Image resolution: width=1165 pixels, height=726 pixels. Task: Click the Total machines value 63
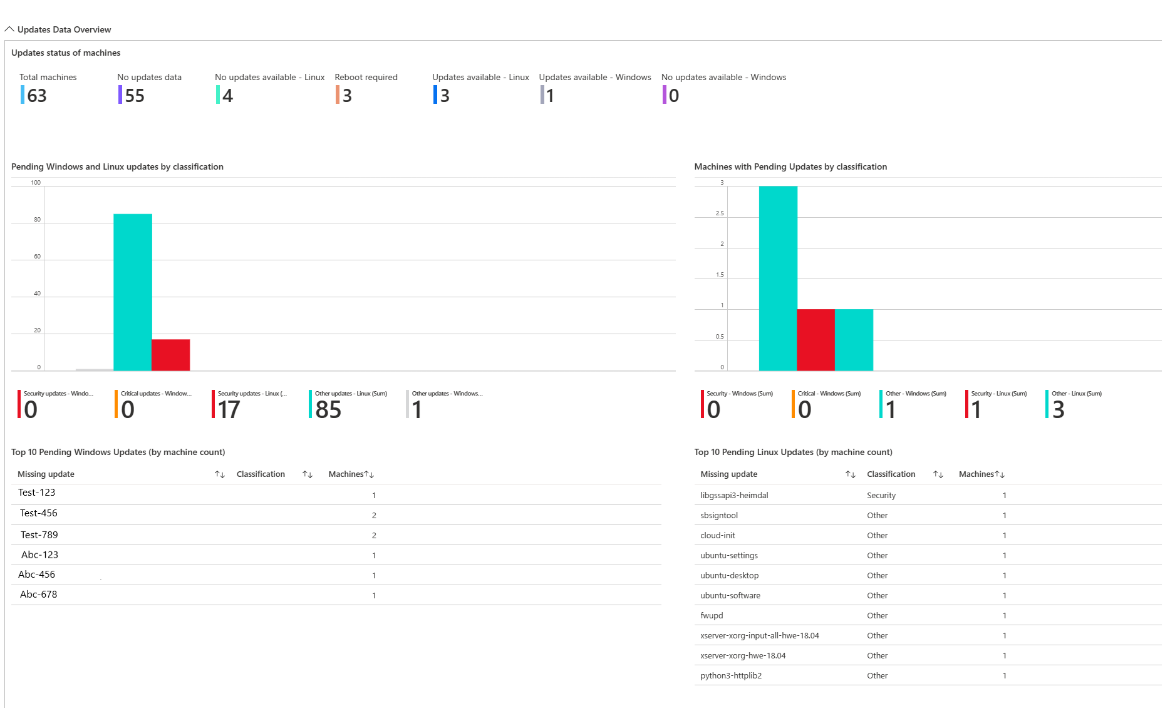tap(36, 96)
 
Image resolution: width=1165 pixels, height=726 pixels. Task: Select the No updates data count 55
tap(134, 96)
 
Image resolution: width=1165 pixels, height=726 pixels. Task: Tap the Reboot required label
tap(366, 77)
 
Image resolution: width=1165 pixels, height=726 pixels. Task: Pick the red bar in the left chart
tap(170, 355)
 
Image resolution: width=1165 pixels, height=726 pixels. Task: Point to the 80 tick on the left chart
tap(37, 220)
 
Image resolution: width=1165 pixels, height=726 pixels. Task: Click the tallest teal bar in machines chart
tap(778, 278)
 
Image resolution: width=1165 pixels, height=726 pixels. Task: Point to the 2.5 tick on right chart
tap(720, 213)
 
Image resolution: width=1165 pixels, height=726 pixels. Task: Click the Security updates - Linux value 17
tap(229, 410)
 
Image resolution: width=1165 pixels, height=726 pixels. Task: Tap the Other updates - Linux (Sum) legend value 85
tap(328, 410)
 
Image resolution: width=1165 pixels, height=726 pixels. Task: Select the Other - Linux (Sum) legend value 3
tap(1058, 410)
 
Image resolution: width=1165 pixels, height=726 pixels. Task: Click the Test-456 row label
tap(38, 513)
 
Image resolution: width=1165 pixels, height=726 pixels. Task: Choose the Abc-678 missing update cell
tap(38, 595)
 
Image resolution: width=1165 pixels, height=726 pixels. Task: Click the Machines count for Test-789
tap(374, 536)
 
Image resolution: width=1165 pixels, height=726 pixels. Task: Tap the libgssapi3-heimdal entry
tap(734, 496)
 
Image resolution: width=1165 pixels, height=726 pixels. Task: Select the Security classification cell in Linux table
tap(881, 496)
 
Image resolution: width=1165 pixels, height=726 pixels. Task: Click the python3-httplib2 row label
tap(731, 676)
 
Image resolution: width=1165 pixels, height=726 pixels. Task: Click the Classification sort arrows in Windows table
tap(308, 474)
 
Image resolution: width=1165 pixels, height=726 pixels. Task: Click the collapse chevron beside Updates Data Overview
tap(9, 29)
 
